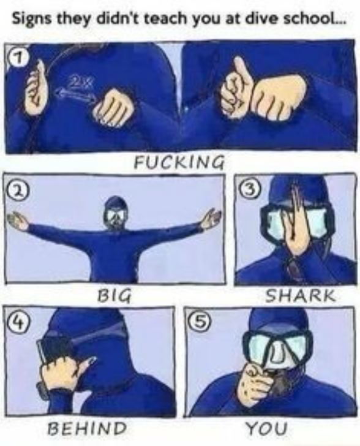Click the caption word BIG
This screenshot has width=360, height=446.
[x=114, y=296]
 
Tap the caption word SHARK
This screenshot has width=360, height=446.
[x=301, y=296]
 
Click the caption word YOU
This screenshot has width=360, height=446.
[x=267, y=428]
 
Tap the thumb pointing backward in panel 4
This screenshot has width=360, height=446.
[x=86, y=365]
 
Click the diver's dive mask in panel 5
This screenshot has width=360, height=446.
[x=277, y=347]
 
